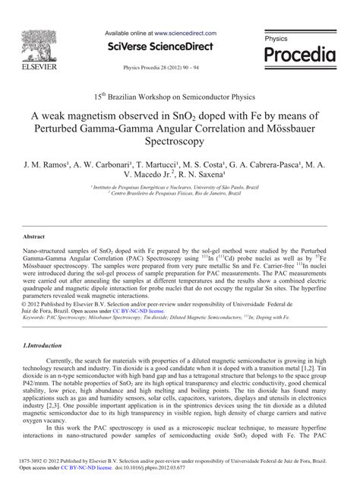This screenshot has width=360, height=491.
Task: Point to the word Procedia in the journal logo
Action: point(299,54)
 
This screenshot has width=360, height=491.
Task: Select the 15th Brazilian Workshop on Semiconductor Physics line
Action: point(179,97)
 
